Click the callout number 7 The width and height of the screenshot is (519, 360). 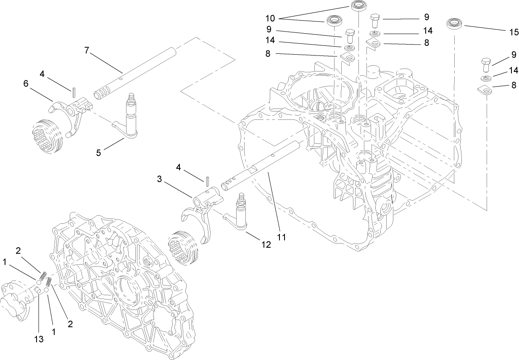(87, 50)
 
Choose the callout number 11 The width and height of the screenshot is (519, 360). (281, 237)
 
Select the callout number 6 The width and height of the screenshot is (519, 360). (26, 84)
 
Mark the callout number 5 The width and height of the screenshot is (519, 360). (98, 153)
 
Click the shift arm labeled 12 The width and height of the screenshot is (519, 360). (240, 215)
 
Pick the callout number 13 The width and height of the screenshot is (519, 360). (39, 339)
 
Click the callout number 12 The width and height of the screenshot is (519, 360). (266, 244)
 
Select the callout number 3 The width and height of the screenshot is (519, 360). (160, 179)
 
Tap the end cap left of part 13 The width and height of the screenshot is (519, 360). (15, 298)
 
